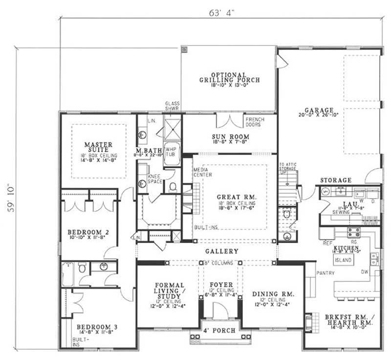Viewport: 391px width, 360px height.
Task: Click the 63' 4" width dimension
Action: [x=221, y=12]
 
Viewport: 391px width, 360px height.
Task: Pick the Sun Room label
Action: [x=231, y=137]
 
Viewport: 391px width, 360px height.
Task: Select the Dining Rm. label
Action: [x=273, y=294]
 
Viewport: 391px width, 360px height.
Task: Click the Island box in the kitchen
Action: [x=344, y=260]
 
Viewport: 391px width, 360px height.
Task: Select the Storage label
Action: [x=336, y=180]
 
